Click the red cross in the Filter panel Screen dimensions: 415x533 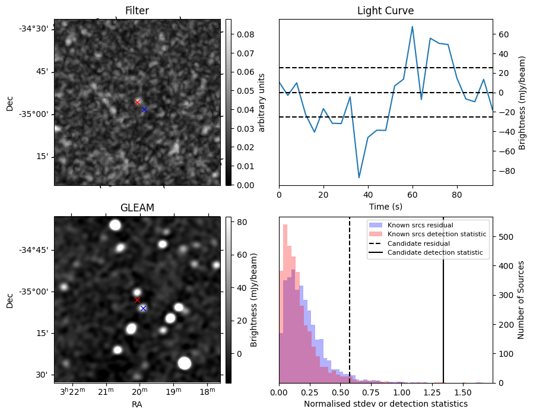pos(138,102)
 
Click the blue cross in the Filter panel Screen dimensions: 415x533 pos(144,109)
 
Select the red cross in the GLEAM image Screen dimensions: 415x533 pos(137,300)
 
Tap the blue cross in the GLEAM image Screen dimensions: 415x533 pos(143,308)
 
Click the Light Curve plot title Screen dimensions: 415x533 pos(385,11)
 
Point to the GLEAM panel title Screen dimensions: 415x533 pos(137,208)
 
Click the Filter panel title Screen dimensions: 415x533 pos(137,11)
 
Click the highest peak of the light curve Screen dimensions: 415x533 pos(412,27)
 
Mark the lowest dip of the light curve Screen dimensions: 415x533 pos(359,178)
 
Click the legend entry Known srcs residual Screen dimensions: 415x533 pos(420,225)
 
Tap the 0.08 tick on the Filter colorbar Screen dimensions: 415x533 pos(243,34)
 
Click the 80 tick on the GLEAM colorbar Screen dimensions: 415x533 pos(242,222)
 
